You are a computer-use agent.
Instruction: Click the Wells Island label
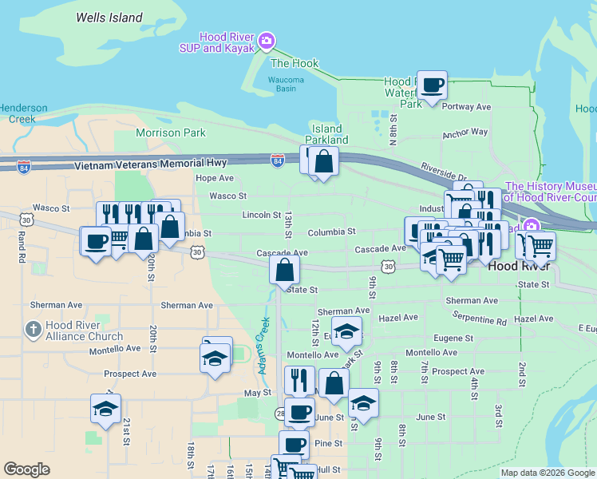109,18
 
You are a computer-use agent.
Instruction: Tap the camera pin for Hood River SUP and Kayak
267,41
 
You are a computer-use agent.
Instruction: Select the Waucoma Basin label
287,84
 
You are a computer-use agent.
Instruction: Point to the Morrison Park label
171,133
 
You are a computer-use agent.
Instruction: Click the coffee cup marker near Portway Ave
433,85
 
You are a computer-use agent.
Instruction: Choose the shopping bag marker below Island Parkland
324,162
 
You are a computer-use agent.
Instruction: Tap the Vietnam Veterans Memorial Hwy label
151,163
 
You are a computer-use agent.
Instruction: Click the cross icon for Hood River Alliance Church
33,329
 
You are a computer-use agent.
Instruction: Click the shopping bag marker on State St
285,271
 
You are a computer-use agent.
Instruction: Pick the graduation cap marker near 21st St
105,409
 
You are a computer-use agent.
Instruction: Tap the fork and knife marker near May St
299,380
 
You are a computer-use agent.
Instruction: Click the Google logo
27,469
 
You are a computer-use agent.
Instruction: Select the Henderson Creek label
23,113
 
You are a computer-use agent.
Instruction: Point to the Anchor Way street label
465,133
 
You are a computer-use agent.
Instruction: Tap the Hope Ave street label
215,178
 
